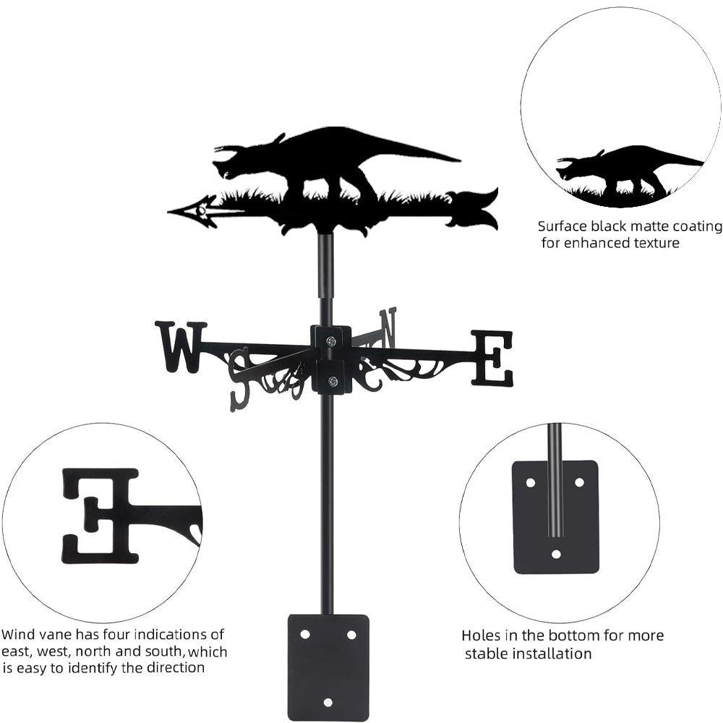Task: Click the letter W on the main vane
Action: (x=180, y=346)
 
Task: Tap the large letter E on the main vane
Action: (x=492, y=357)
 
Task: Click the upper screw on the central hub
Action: (x=331, y=341)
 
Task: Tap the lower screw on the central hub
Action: (x=332, y=381)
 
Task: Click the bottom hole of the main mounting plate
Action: (x=328, y=701)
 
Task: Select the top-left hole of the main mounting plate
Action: (x=306, y=635)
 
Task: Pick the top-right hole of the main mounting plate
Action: (x=351, y=635)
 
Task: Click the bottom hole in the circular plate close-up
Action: (x=555, y=554)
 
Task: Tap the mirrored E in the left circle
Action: (x=101, y=515)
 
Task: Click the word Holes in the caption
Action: (x=482, y=636)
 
